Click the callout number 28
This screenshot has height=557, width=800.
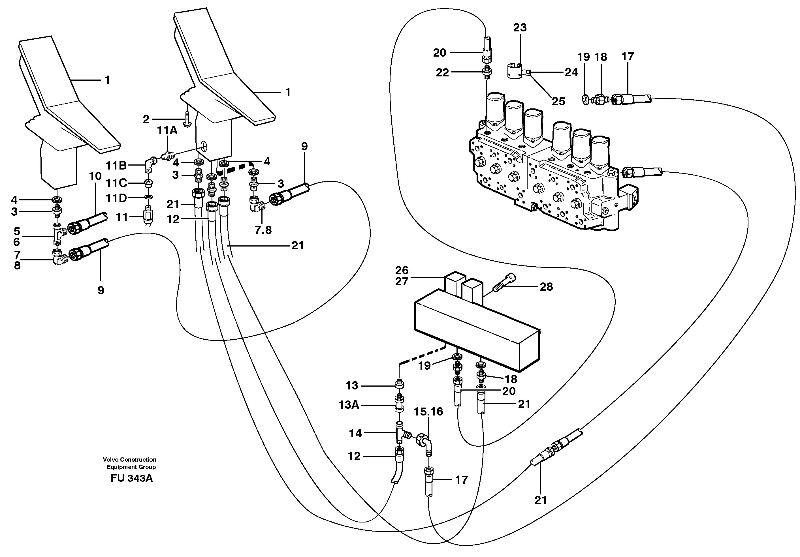tap(546, 287)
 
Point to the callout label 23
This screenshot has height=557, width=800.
tap(520, 27)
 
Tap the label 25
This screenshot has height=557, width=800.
tap(558, 101)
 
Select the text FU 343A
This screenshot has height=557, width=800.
tap(132, 478)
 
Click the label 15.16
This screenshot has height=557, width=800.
tap(428, 412)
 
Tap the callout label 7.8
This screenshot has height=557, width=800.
tap(263, 230)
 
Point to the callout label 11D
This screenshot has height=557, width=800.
tap(116, 198)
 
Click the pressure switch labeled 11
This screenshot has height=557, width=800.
tap(150, 217)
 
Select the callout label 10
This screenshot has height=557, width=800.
tap(95, 176)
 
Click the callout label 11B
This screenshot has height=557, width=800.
tap(116, 166)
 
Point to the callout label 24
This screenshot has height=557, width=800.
tap(571, 72)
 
